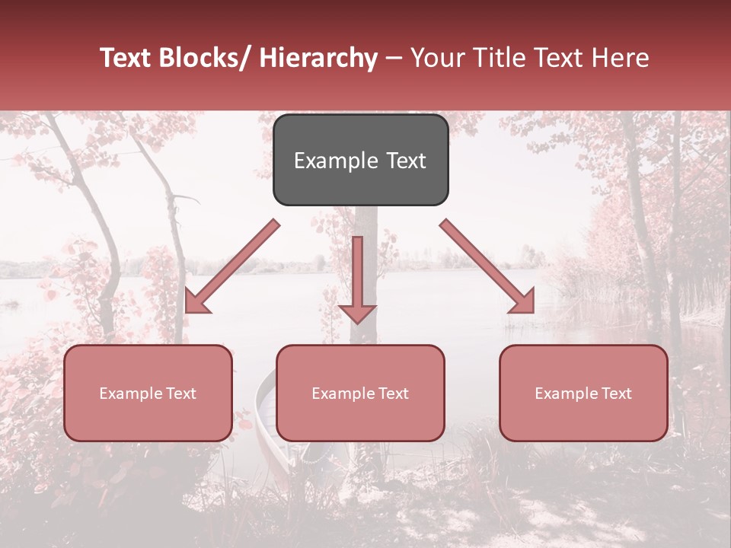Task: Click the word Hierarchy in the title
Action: tap(318, 58)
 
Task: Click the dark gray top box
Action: tap(360, 160)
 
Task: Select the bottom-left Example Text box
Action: tap(148, 393)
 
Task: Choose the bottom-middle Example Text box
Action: tap(360, 393)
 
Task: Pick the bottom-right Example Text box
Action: tap(583, 393)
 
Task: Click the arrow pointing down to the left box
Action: tap(231, 266)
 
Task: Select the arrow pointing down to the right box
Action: tap(487, 266)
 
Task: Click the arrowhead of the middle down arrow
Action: tap(357, 312)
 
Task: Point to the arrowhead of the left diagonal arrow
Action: tap(196, 301)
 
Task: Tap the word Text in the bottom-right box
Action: tap(615, 393)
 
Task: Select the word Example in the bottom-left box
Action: tap(131, 393)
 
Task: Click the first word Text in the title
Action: tap(126, 58)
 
